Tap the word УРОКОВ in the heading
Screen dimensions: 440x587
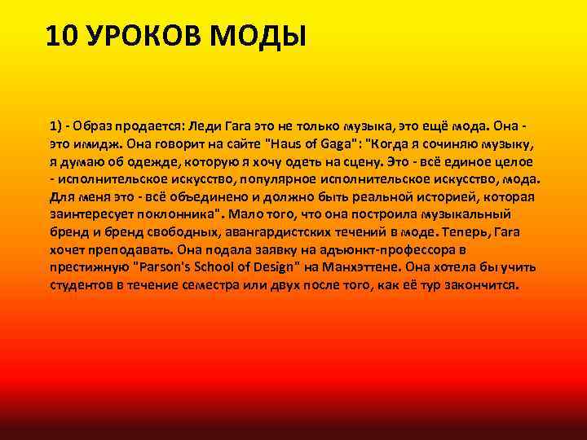[x=133, y=37]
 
